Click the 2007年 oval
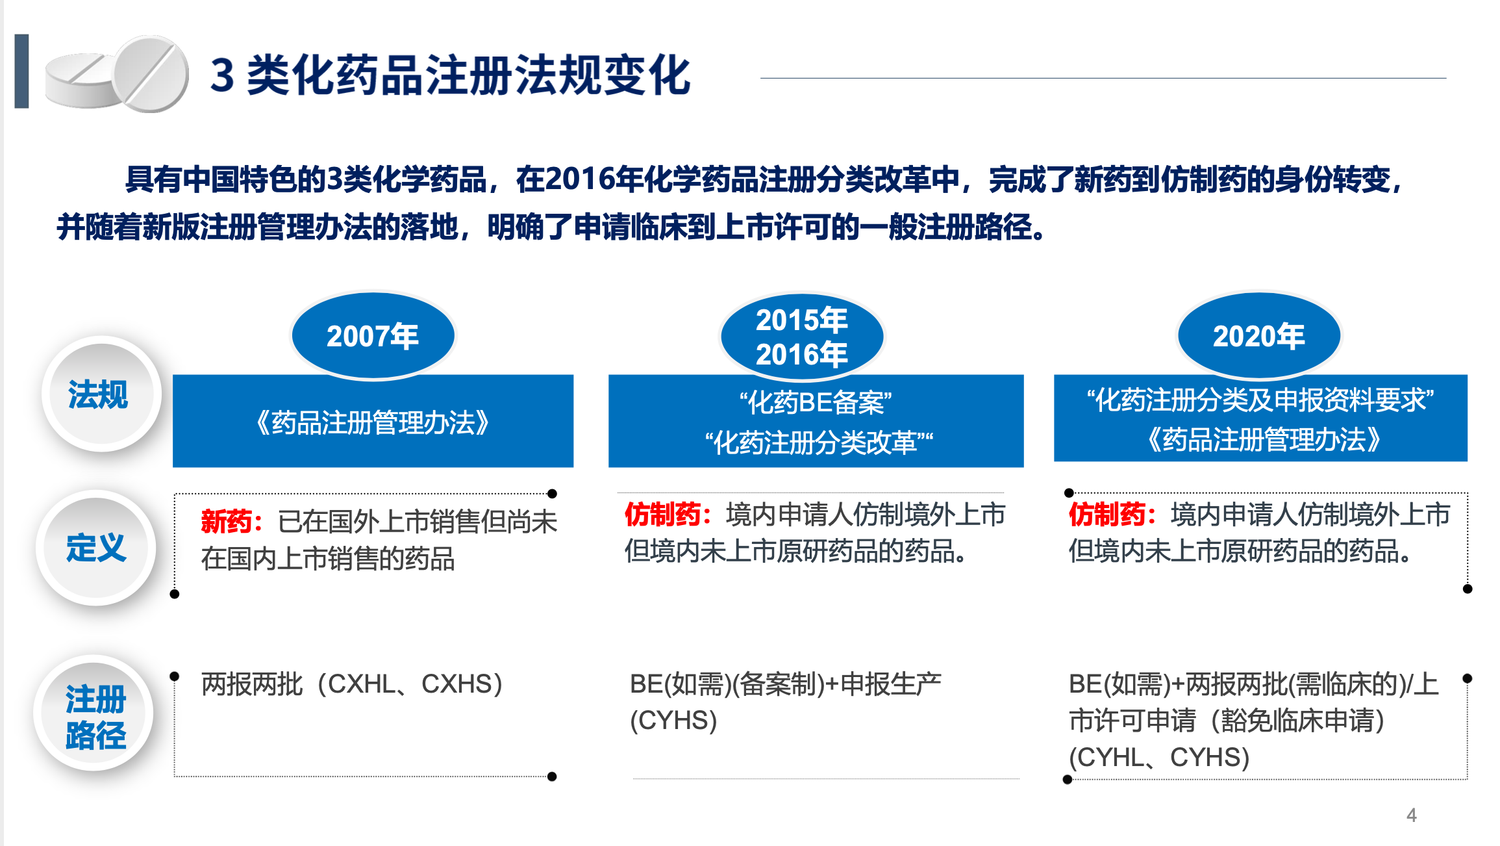pyautogui.click(x=373, y=335)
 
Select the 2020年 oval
pyautogui.click(x=1258, y=335)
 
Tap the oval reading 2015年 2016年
pyautogui.click(x=801, y=337)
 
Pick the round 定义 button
pyautogui.click(x=96, y=547)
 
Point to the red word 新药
pyautogui.click(x=227, y=521)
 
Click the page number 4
pyautogui.click(x=1411, y=815)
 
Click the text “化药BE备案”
pyautogui.click(x=816, y=403)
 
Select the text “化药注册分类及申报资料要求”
pyautogui.click(x=1260, y=400)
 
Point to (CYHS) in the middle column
pyautogui.click(x=673, y=720)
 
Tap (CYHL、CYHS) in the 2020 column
pyautogui.click(x=1159, y=757)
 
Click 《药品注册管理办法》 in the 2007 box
pyautogui.click(x=373, y=423)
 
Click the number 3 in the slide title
pyautogui.click(x=222, y=75)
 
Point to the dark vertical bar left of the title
pyautogui.click(x=21, y=71)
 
